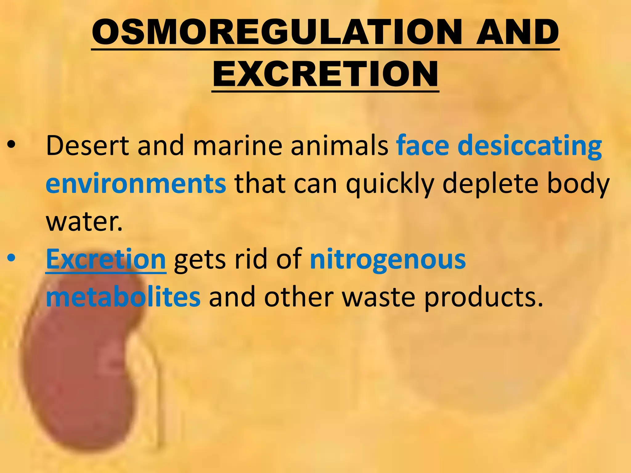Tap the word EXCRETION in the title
click(325, 74)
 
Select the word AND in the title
click(518, 32)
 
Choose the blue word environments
click(136, 184)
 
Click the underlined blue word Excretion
click(106, 259)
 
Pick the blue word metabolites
click(123, 297)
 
